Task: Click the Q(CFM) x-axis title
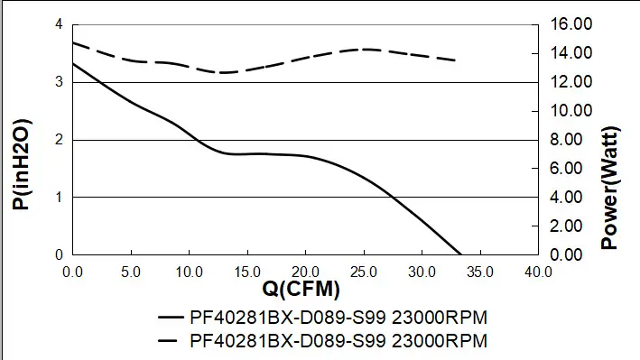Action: point(301,289)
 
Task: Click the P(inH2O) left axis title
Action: point(22,164)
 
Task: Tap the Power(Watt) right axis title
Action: point(610,188)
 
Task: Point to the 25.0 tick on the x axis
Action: point(364,272)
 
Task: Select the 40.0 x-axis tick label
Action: point(538,272)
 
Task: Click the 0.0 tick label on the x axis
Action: point(72,272)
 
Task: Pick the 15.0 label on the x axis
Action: point(247,272)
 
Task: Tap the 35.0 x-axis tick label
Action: point(480,272)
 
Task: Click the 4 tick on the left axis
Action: point(60,24)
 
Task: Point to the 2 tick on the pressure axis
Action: point(60,140)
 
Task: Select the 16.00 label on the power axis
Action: point(571,24)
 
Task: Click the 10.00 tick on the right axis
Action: point(571,111)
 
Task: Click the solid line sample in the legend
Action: point(171,318)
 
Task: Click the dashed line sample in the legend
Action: point(168,340)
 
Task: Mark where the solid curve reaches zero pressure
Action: point(461,254)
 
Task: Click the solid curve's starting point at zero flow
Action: point(73,64)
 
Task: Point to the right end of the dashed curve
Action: point(455,60)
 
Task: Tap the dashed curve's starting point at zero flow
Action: point(73,42)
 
